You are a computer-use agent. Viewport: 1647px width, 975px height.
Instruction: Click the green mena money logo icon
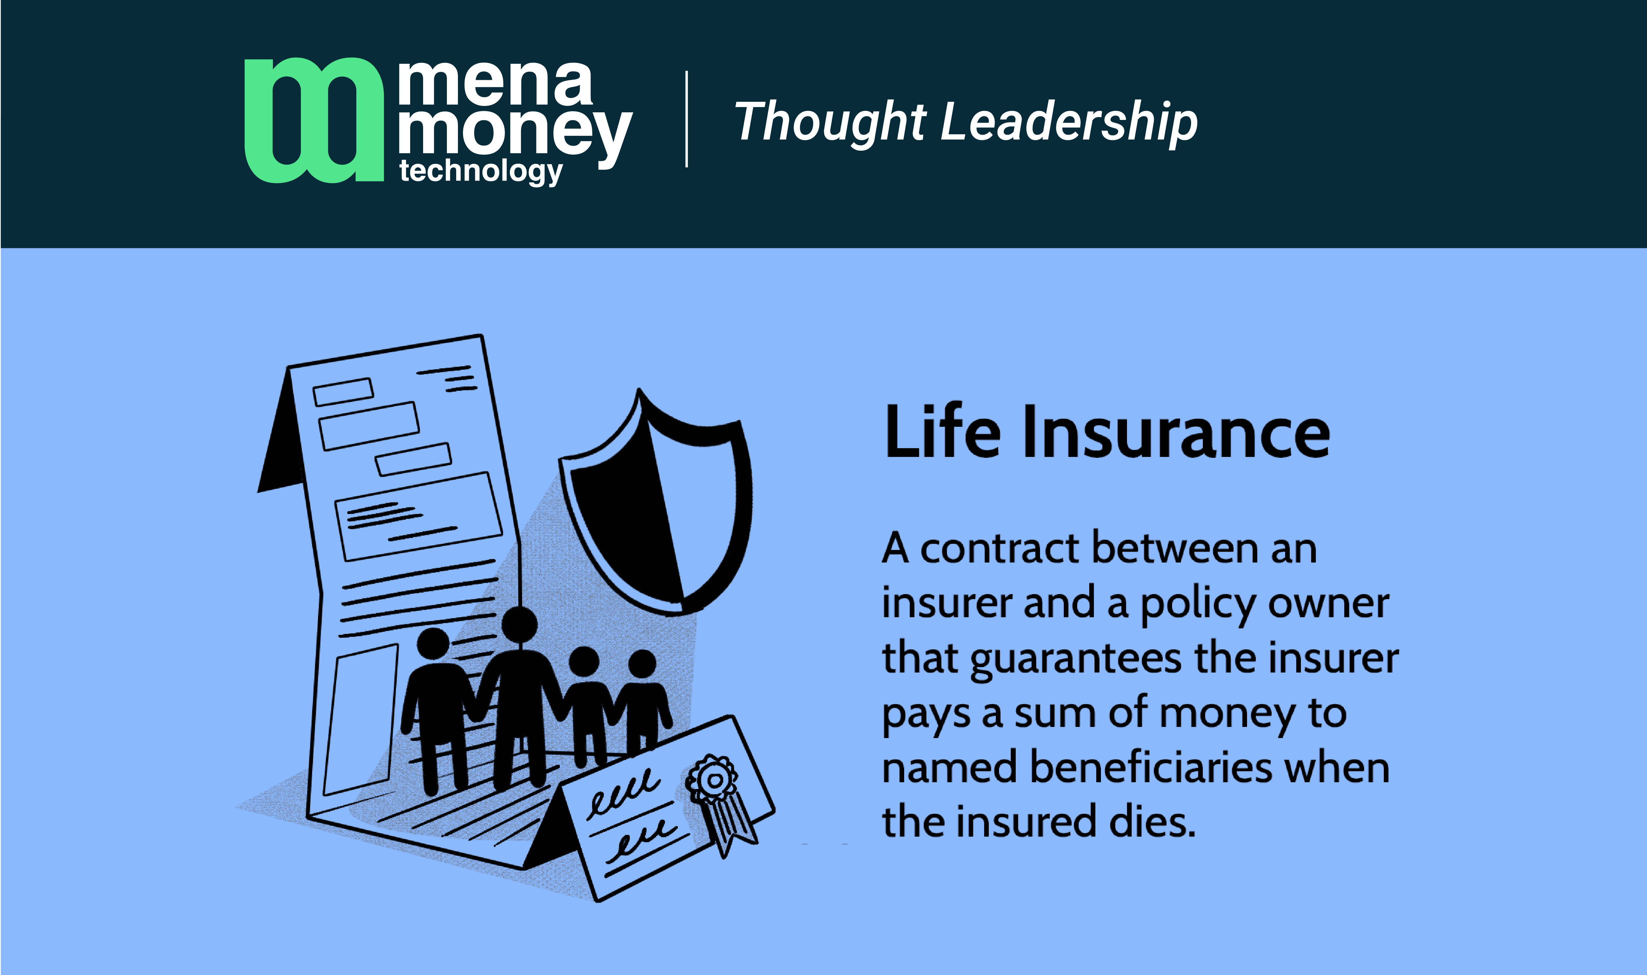314,120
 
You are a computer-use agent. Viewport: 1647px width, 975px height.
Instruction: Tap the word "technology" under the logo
480,171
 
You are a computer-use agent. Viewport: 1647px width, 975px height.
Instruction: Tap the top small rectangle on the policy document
343,392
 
